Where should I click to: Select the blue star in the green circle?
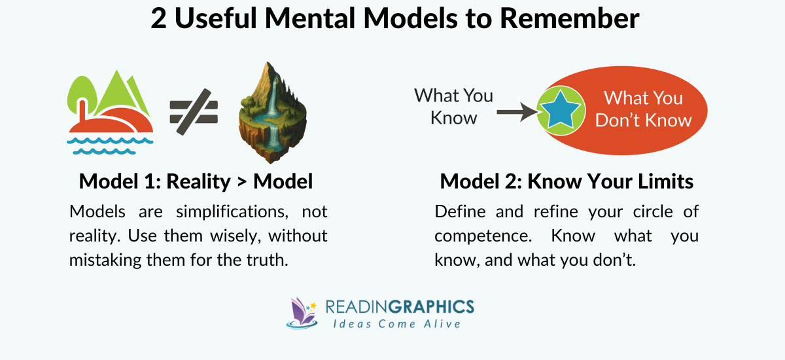click(x=561, y=111)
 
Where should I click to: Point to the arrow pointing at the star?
click(x=516, y=113)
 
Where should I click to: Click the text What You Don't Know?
click(x=643, y=109)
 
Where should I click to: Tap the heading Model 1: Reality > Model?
click(x=196, y=181)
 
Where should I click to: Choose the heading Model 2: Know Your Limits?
click(x=567, y=181)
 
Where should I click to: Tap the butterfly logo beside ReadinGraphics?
click(x=302, y=313)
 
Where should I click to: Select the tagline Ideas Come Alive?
click(x=397, y=324)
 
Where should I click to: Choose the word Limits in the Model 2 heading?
click(x=660, y=181)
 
